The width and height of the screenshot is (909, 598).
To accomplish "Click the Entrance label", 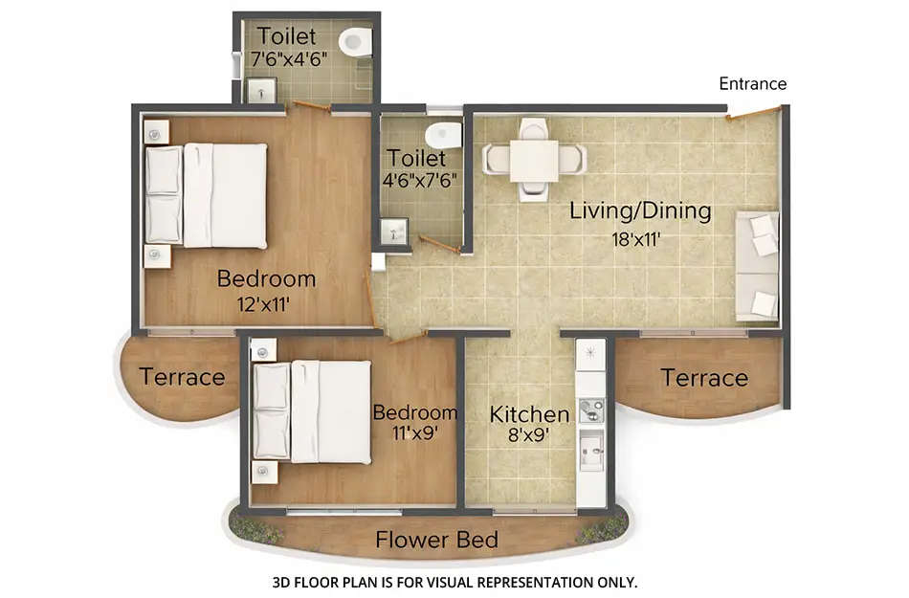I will [x=752, y=84].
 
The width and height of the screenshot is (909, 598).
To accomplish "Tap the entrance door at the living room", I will [x=752, y=115].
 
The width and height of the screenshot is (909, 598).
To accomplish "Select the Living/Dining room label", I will [x=640, y=210].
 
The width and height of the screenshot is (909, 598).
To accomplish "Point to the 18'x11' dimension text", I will [x=640, y=238].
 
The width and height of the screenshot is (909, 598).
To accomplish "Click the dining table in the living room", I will [x=534, y=159].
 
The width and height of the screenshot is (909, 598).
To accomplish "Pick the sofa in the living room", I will [x=757, y=266].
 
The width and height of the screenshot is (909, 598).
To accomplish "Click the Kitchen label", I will [x=529, y=414].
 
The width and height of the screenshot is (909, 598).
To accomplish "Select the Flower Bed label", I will [x=436, y=540].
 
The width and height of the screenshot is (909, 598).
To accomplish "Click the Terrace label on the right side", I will [x=704, y=378].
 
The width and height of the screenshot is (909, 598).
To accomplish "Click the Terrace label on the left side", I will [x=182, y=377].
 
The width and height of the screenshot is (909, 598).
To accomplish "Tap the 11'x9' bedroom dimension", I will [x=414, y=433].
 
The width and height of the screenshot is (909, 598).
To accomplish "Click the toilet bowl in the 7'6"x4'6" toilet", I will [x=355, y=41].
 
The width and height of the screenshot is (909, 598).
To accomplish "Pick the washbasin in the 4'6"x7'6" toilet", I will [x=393, y=231].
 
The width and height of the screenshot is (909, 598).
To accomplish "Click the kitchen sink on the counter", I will [x=591, y=446].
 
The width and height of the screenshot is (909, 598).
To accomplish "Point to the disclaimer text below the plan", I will [x=454, y=581].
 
